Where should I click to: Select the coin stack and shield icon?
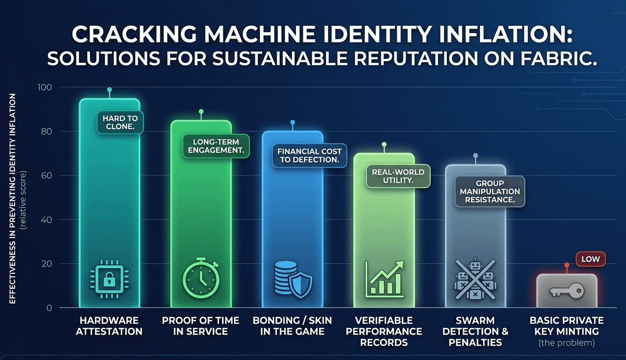292,280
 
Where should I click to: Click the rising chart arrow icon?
384,279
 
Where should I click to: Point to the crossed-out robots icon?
475,279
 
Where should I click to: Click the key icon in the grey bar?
567,291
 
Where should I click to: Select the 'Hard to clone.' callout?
120,122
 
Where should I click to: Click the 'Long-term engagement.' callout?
216,146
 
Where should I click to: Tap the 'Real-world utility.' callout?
398,177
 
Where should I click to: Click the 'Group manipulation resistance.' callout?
490,191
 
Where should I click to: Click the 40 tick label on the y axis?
46,220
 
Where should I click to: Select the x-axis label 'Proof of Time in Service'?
200,326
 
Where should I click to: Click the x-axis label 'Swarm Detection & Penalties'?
475,331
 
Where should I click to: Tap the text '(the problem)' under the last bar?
567,342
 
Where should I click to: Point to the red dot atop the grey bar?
567,265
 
